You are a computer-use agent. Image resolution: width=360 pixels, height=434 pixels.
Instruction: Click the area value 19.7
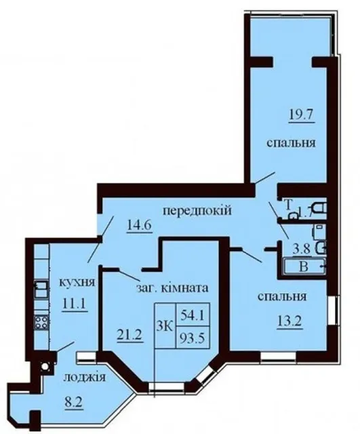[302, 115]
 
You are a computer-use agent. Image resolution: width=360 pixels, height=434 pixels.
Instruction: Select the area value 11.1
[75, 304]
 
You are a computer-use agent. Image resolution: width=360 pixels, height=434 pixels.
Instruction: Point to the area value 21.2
[129, 335]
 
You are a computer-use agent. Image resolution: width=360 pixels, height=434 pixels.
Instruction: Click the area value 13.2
[290, 321]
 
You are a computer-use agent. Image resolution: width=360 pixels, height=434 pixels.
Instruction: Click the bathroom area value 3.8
[301, 250]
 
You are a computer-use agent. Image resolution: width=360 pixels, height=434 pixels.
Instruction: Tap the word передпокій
[197, 212]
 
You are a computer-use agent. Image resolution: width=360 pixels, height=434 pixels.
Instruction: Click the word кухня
[77, 283]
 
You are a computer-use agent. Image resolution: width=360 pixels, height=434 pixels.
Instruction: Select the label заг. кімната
[172, 288]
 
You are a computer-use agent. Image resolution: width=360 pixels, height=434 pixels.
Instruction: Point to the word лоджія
[84, 377]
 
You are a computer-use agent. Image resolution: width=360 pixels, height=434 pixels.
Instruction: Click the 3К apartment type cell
[165, 326]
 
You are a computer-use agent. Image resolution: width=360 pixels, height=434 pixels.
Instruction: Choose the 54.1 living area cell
[193, 315]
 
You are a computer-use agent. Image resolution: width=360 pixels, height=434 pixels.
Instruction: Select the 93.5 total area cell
[193, 338]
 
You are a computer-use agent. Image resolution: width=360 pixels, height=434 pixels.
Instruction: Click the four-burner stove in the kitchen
[41, 323]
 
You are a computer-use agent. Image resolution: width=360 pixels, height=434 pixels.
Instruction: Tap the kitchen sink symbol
[41, 290]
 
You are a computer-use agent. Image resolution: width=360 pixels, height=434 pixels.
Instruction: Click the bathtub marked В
[304, 267]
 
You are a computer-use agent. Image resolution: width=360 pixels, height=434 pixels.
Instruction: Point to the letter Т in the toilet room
[288, 205]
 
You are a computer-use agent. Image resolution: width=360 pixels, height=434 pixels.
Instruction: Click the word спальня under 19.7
[291, 143]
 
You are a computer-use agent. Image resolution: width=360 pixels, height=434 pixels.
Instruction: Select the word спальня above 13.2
[282, 297]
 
